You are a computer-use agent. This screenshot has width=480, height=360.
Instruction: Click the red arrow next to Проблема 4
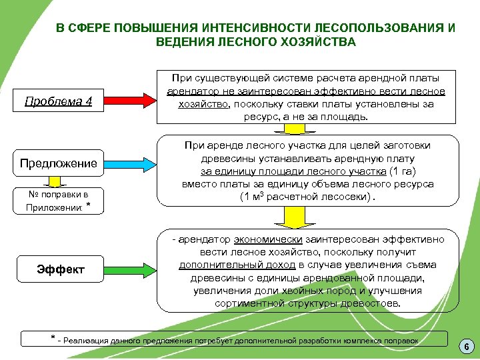pyautogui.click(x=129, y=101)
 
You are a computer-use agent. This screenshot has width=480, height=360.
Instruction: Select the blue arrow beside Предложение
pyautogui.click(x=129, y=163)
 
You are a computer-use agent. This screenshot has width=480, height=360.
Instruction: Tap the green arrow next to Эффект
pyautogui.click(x=129, y=269)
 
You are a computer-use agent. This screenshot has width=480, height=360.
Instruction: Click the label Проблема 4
pyautogui.click(x=58, y=101)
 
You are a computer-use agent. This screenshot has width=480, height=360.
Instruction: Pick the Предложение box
pyautogui.click(x=58, y=163)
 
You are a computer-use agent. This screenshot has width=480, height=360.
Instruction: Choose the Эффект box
pyautogui.click(x=60, y=269)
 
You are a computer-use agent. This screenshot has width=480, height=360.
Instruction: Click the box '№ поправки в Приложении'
pyautogui.click(x=58, y=200)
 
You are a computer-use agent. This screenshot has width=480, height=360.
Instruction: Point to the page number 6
pyautogui.click(x=466, y=347)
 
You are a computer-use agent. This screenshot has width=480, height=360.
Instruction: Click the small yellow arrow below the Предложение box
pyautogui.click(x=58, y=180)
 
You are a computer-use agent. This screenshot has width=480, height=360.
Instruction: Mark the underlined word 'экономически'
pyautogui.click(x=268, y=240)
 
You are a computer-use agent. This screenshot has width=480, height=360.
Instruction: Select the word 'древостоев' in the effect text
pyautogui.click(x=373, y=303)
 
